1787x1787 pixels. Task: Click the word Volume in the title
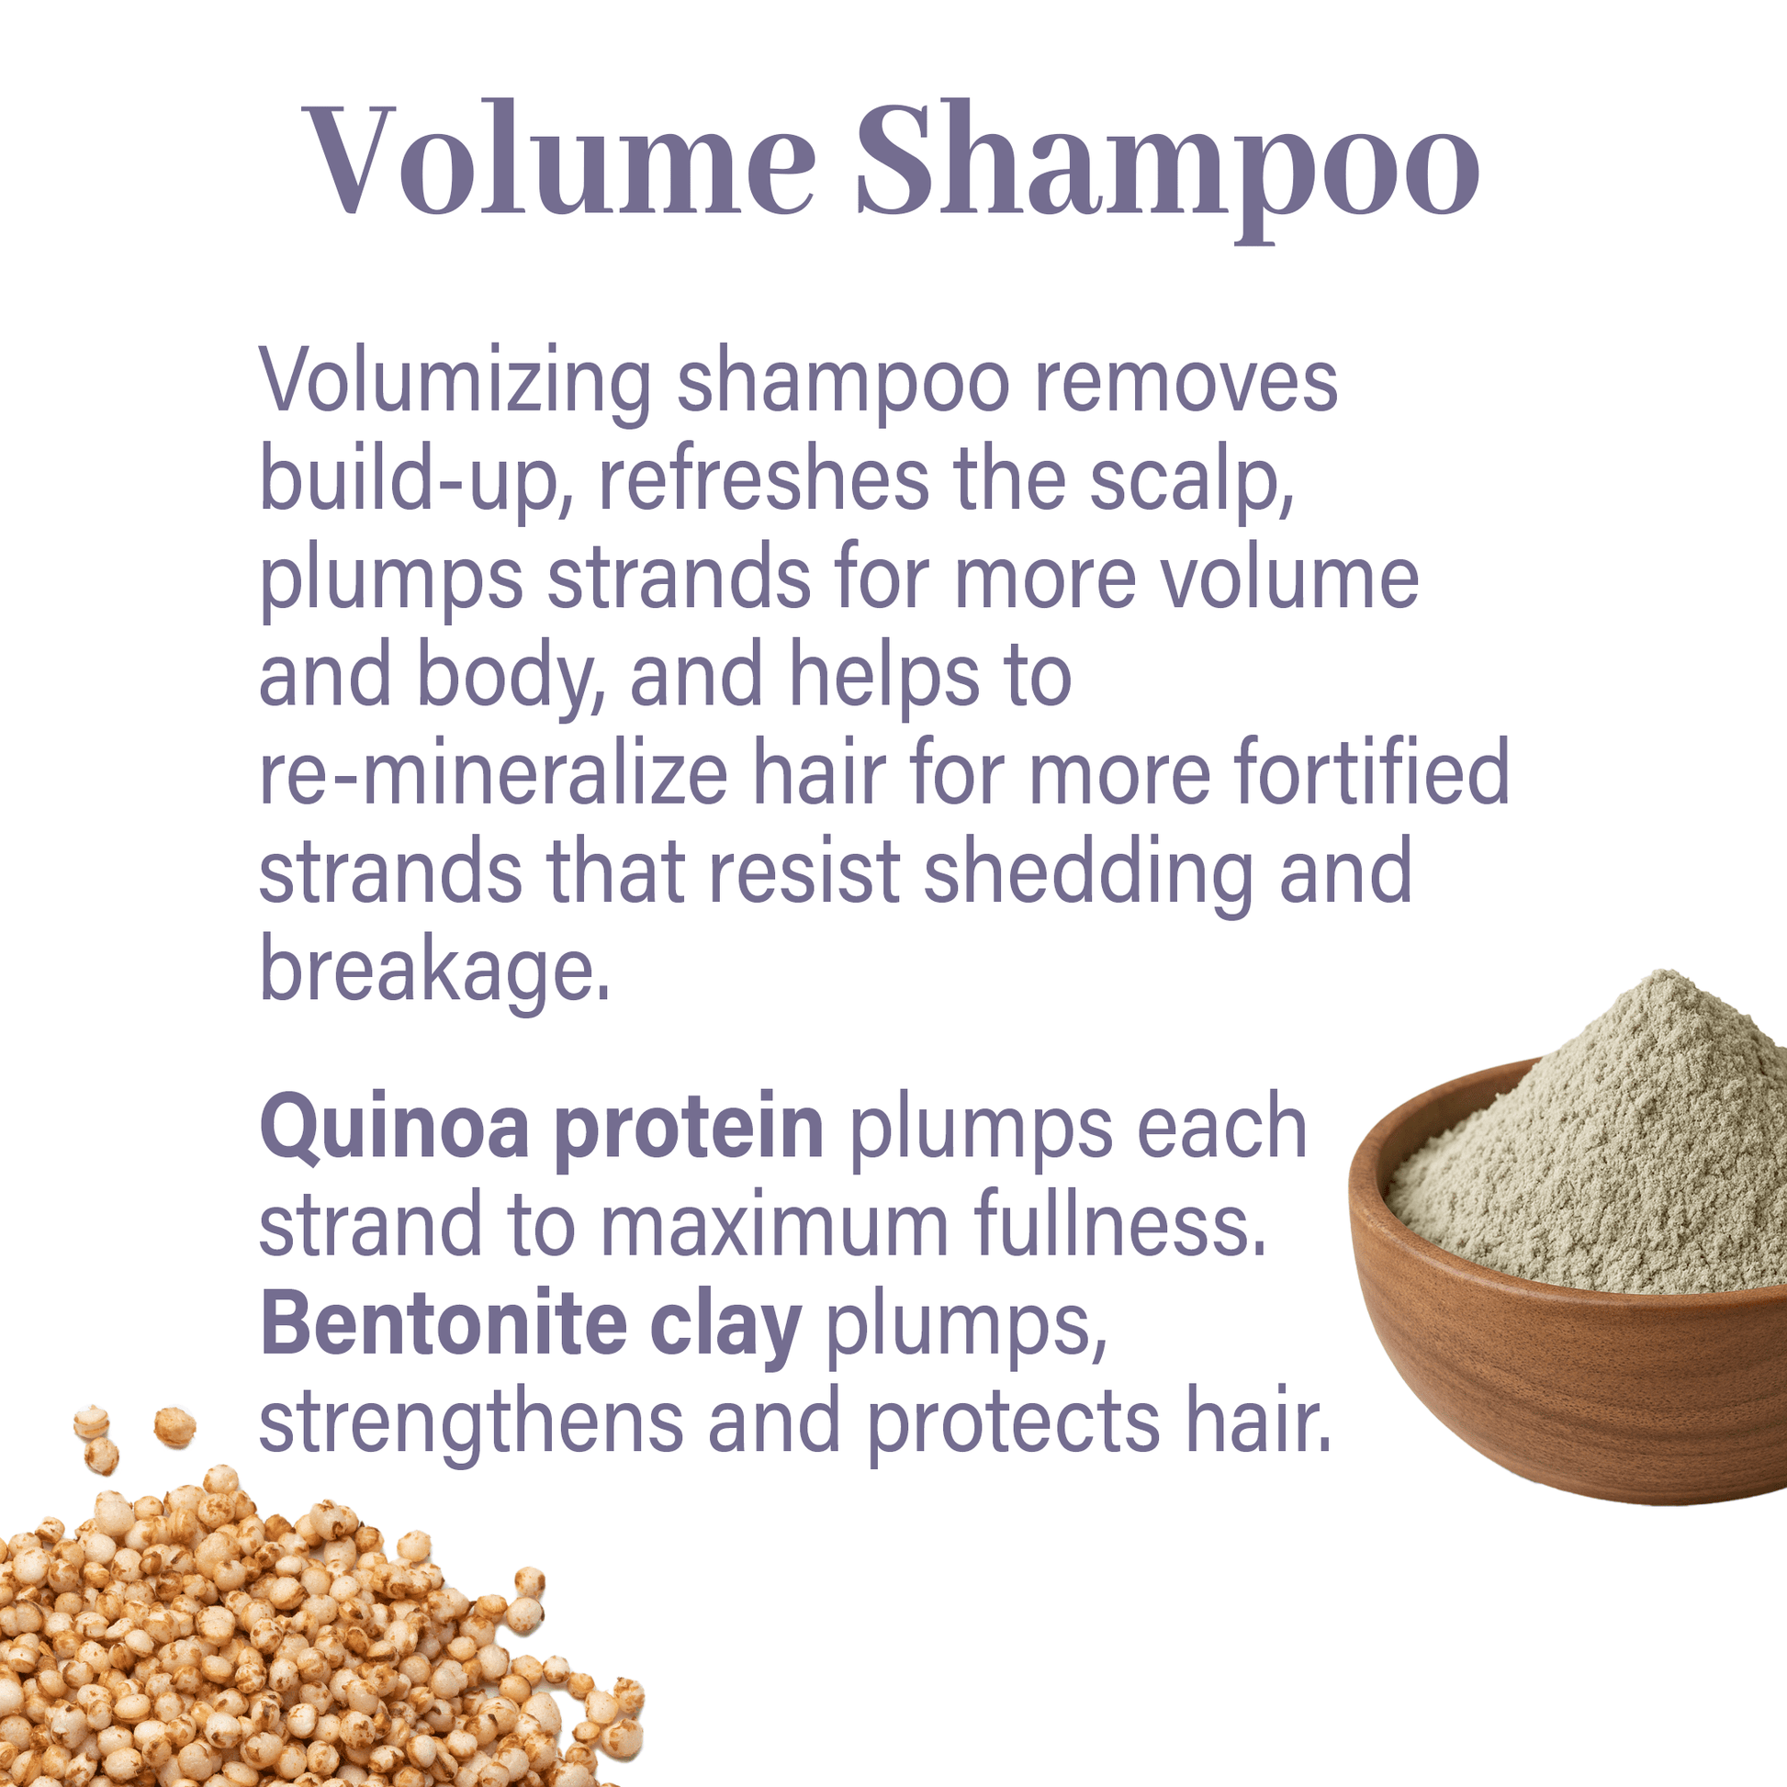558,159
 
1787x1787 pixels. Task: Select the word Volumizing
455,383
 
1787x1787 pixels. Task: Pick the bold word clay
727,1328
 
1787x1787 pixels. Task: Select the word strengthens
472,1423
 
